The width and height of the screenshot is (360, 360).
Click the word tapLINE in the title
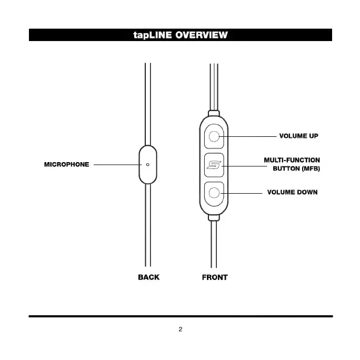point(153,35)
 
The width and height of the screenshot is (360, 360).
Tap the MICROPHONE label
point(66,165)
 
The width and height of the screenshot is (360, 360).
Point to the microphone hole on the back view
point(148,165)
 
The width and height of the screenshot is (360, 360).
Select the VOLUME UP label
point(298,136)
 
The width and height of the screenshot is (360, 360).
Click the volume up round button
point(214,137)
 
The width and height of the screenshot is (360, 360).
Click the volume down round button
point(214,193)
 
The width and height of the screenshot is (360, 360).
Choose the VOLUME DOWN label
point(292,193)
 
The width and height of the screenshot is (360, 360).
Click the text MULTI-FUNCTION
point(292,160)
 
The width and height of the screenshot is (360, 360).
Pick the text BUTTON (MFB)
point(296,169)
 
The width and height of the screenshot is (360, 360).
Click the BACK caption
point(148,277)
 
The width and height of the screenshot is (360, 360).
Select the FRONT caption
point(215,277)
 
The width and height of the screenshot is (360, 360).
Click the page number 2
point(180,330)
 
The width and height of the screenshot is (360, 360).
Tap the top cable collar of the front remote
point(214,113)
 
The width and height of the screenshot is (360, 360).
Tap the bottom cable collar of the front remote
point(214,217)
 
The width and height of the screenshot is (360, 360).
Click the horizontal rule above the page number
point(180,316)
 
